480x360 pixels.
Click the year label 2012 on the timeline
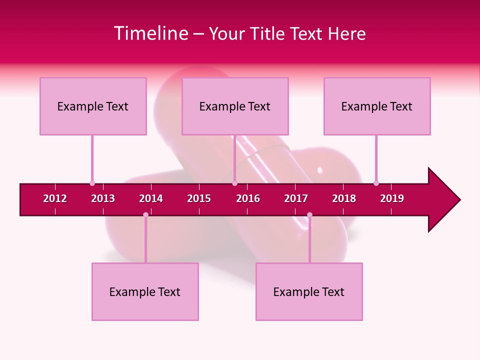pos(55,198)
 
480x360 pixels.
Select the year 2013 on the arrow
pos(103,198)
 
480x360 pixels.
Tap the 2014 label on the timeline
pos(151,198)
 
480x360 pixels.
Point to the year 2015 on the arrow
pos(199,198)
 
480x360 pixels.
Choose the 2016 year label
pos(248,198)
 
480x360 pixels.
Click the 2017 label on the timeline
pos(296,198)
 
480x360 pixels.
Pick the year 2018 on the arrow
pos(344,198)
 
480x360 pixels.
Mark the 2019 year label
pos(392,198)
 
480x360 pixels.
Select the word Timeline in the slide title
pos(150,33)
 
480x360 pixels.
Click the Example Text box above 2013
pos(93,106)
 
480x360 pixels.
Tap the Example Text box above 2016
pos(235,106)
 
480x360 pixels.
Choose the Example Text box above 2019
pos(377,106)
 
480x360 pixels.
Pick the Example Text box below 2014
pos(145,291)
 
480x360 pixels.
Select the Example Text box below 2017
pos(309,291)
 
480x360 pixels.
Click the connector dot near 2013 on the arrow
pos(92,183)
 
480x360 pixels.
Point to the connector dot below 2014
pos(145,215)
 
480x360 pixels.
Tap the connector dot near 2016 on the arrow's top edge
pos(234,183)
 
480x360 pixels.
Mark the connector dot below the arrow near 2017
pos(309,215)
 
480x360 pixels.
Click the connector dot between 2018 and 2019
pos(376,183)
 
